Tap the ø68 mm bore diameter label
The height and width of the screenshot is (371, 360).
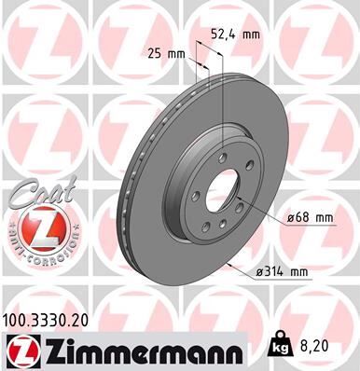[x=309, y=218]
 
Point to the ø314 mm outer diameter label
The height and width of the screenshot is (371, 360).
[x=282, y=272]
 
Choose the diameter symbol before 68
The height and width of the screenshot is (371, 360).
[x=289, y=218]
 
